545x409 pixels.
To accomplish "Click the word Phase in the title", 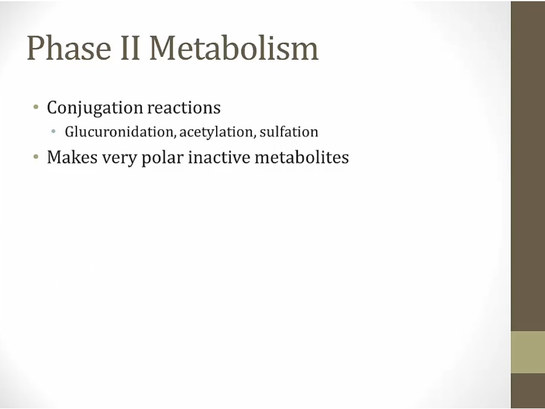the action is tap(69, 48).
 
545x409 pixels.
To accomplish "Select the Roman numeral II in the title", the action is tap(130, 48).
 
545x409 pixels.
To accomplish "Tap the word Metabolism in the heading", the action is tap(234, 48).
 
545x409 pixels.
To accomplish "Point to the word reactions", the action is tap(184, 107).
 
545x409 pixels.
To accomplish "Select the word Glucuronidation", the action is tap(119, 132).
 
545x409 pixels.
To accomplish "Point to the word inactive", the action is tap(219, 157).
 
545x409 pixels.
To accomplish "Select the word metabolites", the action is tap(302, 157).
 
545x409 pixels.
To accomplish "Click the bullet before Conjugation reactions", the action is tap(36, 107).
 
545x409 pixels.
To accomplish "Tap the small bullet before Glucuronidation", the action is tap(53, 131).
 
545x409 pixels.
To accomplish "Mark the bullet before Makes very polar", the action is tap(36, 157).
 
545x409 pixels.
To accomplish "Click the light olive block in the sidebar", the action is tap(527, 352).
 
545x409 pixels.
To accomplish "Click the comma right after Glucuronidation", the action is tap(175, 136).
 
